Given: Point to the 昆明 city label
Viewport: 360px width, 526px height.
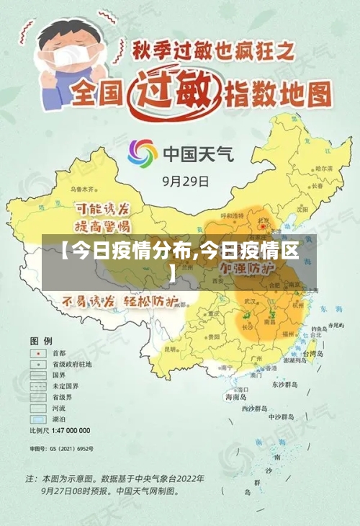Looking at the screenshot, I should (x=171, y=349).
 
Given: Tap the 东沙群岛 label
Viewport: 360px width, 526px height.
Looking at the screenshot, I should (x=284, y=385).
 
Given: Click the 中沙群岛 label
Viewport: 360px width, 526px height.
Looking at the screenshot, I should (x=281, y=416).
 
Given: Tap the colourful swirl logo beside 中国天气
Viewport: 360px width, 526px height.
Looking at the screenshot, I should (x=142, y=153).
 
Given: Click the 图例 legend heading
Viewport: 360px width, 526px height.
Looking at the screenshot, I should (x=40, y=339).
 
